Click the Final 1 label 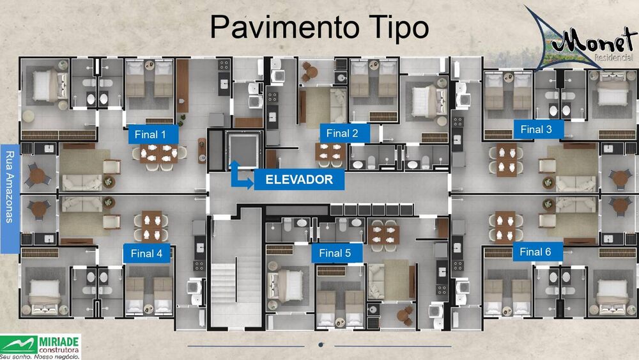[151, 134]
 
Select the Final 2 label [342, 133]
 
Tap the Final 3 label [536, 129]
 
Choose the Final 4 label [146, 253]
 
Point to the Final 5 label [335, 253]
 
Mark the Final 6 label [535, 252]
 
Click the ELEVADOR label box [299, 180]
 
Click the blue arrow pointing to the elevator [240, 176]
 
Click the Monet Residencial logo [581, 38]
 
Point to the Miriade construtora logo [41, 345]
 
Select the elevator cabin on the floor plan [243, 149]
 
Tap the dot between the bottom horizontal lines [321, 346]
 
